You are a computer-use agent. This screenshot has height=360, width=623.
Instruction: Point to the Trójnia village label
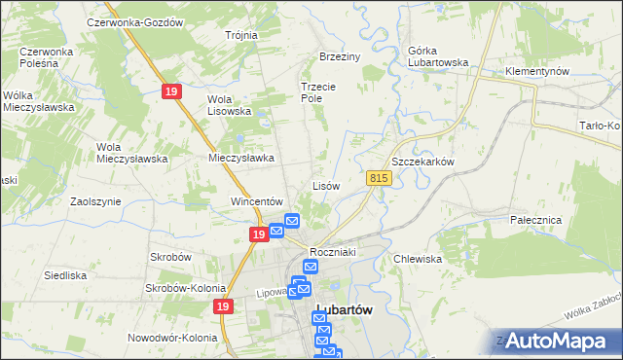[x=240, y=35]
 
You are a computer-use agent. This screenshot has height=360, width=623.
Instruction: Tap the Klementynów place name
[x=537, y=72]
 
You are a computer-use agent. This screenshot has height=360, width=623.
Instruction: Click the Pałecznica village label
[x=536, y=221]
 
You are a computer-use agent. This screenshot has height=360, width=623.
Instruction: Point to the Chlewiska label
[x=419, y=259]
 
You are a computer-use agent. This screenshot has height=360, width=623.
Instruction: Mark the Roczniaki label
[x=336, y=252]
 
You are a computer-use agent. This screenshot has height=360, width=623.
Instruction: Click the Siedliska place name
[x=66, y=275]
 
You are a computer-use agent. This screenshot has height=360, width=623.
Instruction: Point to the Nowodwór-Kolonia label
[x=172, y=338]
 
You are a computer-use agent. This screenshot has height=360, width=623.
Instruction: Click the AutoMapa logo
[x=556, y=340]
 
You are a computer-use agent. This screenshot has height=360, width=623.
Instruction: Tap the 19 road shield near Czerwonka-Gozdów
[x=170, y=90]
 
